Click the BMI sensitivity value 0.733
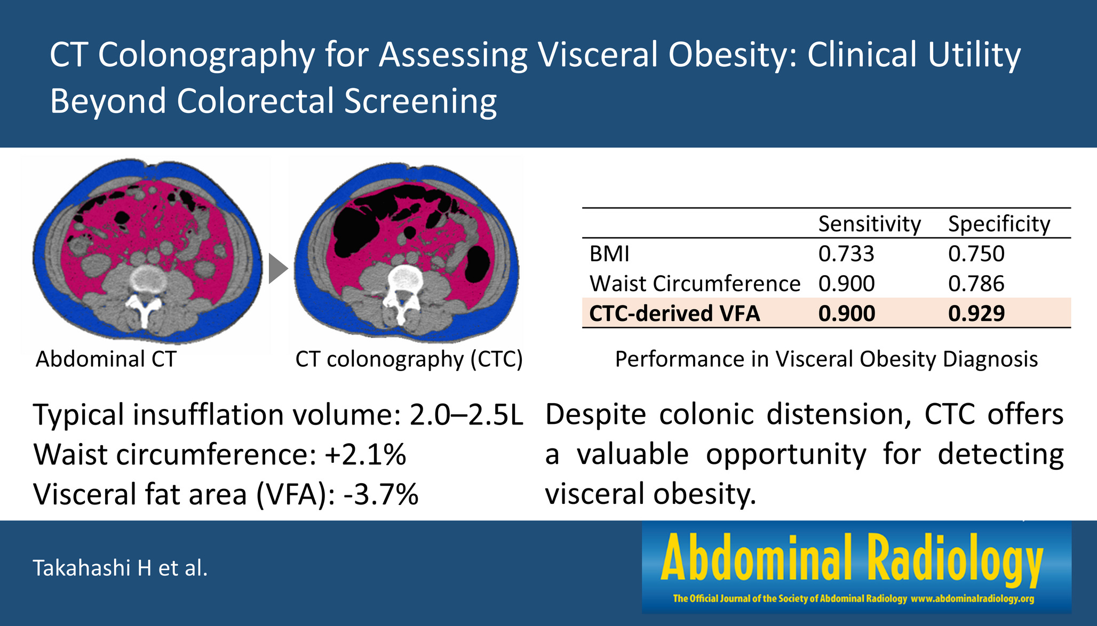(x=846, y=254)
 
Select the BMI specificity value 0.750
(x=976, y=254)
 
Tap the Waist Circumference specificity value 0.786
(x=976, y=284)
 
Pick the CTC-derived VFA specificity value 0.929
(x=976, y=314)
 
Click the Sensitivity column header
(x=869, y=224)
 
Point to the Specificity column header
(x=999, y=224)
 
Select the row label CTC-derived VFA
(x=674, y=314)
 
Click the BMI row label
(x=609, y=254)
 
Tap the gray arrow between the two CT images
(x=277, y=269)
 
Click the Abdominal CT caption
(x=106, y=359)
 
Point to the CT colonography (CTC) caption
(x=409, y=359)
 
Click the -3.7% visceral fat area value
(x=381, y=494)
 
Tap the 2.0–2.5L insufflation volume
(x=466, y=415)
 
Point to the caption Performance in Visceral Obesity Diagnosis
(x=826, y=359)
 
